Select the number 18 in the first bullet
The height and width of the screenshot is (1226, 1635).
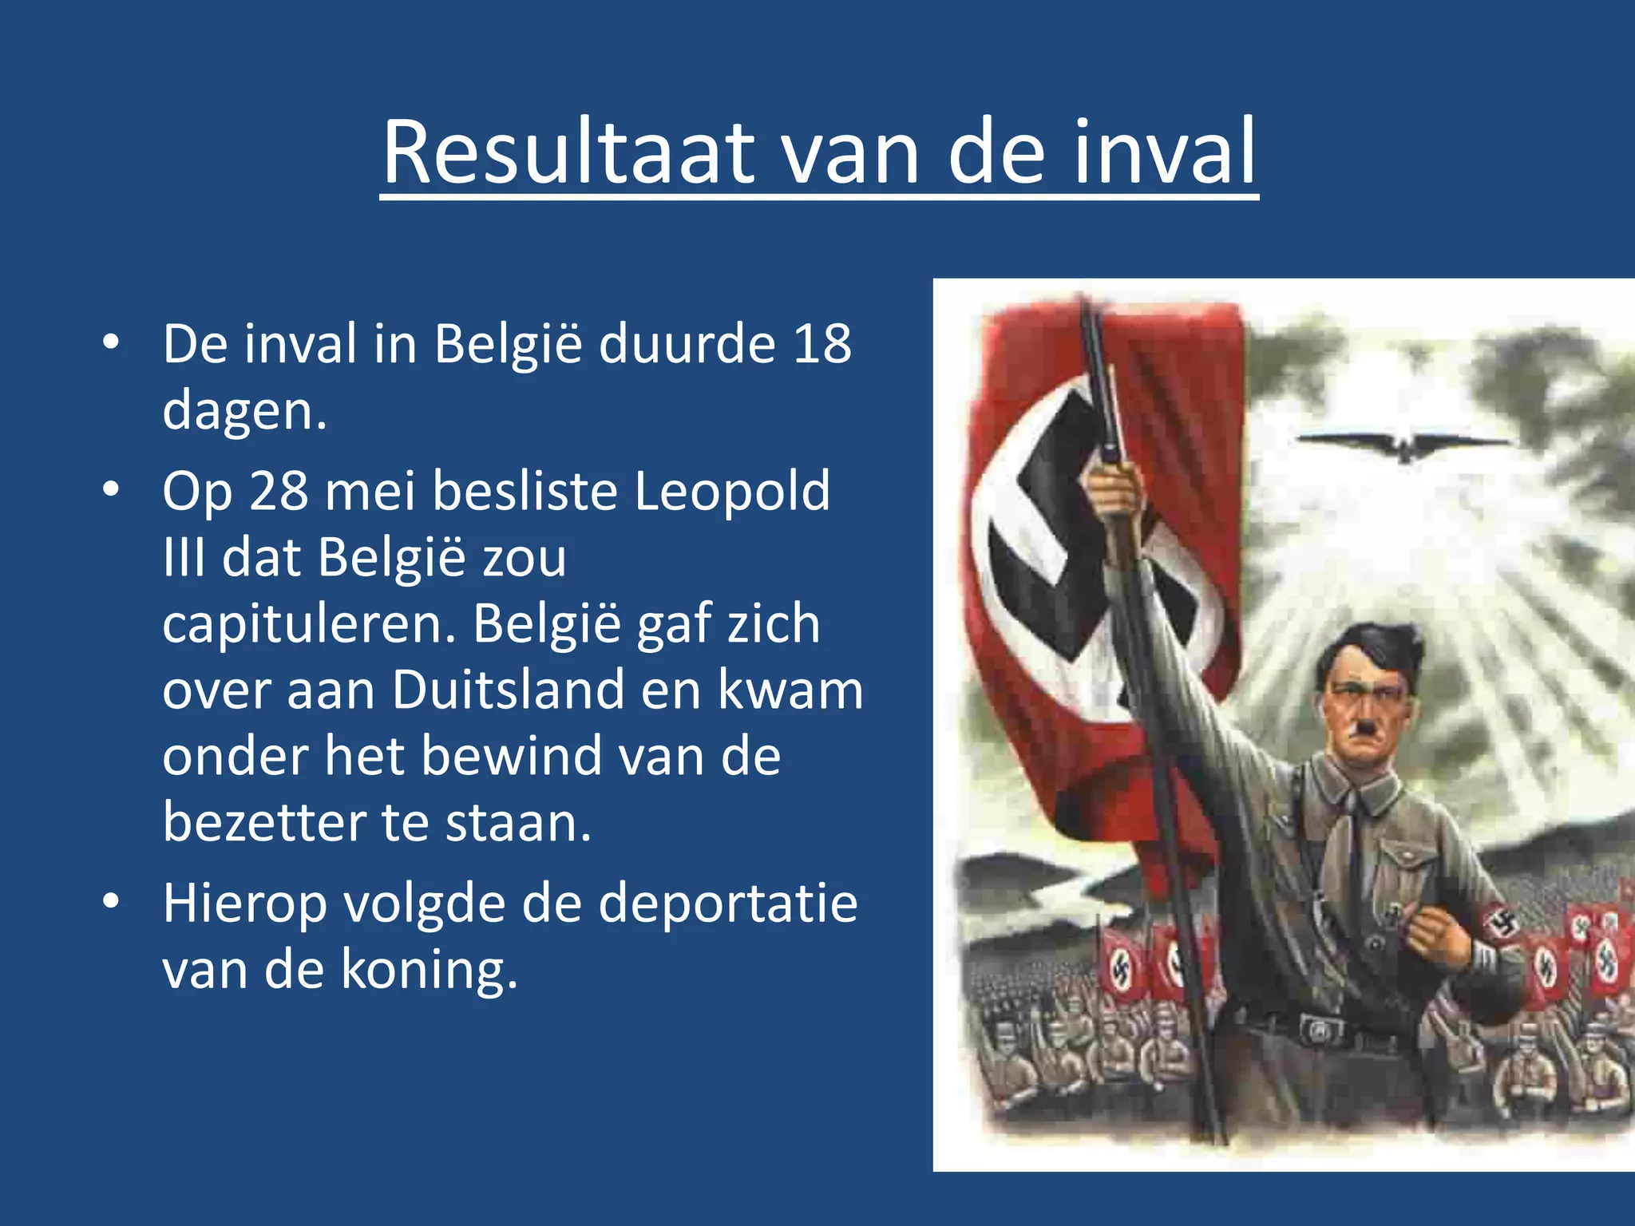pyautogui.click(x=821, y=344)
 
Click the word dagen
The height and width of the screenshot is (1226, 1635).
pyautogui.click(x=244, y=412)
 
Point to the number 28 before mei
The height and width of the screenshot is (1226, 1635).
pyautogui.click(x=279, y=490)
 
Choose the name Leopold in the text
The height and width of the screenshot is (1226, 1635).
pyautogui.click(x=732, y=490)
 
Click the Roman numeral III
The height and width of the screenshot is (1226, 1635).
pyautogui.click(x=184, y=556)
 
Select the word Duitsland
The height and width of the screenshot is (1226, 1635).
pyautogui.click(x=509, y=690)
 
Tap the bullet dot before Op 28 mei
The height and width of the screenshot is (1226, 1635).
pyautogui.click(x=111, y=488)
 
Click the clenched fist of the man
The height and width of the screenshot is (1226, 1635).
pyautogui.click(x=1438, y=939)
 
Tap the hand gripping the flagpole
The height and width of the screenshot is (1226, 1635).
pyautogui.click(x=1114, y=487)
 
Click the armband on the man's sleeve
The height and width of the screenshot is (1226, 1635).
pyautogui.click(x=1505, y=926)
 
